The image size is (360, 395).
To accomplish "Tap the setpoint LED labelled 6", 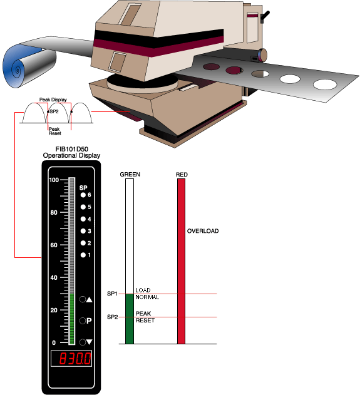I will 82,195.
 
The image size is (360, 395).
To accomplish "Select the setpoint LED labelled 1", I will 82,255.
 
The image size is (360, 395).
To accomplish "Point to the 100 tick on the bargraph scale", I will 54,180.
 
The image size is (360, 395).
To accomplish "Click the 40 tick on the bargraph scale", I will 54,278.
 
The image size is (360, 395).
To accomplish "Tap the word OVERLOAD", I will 203,231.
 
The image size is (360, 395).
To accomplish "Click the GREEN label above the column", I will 129,175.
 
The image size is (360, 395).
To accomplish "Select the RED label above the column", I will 182,175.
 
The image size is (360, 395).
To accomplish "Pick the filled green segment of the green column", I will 130,319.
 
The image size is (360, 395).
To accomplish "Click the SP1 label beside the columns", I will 112,294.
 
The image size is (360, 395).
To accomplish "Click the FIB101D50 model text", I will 71,150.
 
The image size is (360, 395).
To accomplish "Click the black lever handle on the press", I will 265,16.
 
